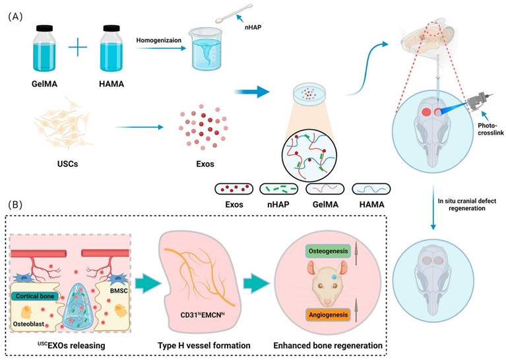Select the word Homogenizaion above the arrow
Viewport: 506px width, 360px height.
[x=162, y=39]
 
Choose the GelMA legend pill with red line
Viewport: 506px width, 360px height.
[x=325, y=189]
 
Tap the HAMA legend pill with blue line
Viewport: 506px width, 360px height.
[x=371, y=189]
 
